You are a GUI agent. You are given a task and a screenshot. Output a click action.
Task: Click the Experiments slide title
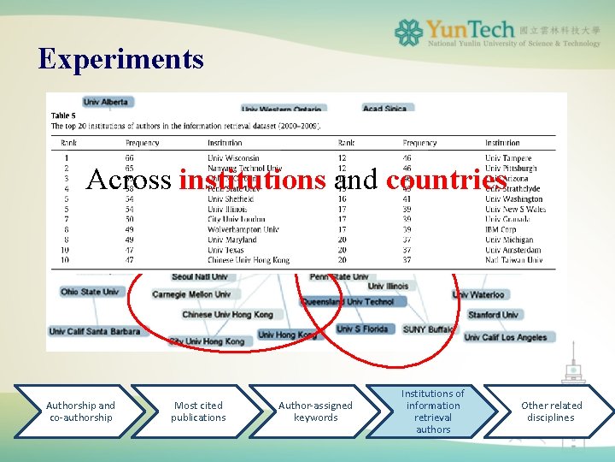coord(120,59)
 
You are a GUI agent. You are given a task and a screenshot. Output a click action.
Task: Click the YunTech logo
coord(498,33)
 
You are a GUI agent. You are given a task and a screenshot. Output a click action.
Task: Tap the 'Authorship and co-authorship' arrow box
coord(80,412)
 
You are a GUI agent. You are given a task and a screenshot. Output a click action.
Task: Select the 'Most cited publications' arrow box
coord(198,412)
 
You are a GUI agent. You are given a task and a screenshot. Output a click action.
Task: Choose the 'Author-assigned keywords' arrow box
coord(315,412)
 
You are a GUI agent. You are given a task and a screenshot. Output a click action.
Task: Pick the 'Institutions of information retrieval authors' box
coord(432,412)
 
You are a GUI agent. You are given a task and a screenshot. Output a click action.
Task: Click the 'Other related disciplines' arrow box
coord(551,412)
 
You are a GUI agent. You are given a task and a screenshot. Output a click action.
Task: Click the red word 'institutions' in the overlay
coord(253,180)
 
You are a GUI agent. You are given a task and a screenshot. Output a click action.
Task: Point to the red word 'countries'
coord(446,180)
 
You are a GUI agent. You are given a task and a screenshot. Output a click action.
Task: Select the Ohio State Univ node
coord(89,292)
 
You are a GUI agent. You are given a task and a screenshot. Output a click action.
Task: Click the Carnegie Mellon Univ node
coord(191,294)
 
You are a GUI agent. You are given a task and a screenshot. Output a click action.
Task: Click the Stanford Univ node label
coord(493,315)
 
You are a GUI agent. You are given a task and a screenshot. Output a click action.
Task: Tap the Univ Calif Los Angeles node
coord(505,337)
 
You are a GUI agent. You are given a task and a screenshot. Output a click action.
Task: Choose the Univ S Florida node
coord(362,329)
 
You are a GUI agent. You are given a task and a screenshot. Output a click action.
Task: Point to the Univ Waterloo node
coord(477,295)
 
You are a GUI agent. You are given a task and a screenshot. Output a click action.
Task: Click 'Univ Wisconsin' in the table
coord(232,158)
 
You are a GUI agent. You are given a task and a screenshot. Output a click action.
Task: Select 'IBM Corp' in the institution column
coord(501,229)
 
